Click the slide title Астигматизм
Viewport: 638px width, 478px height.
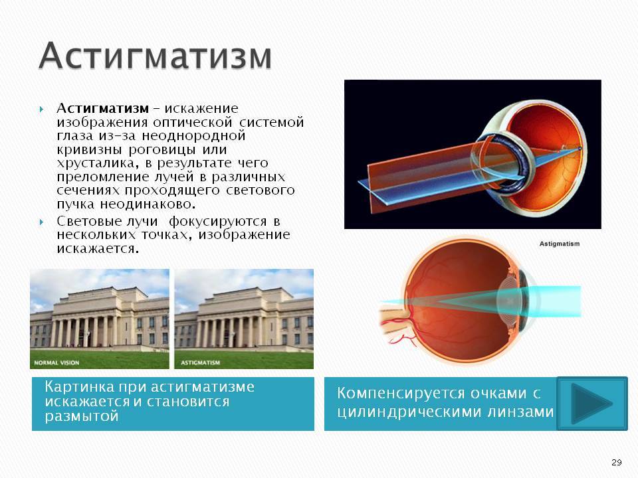coord(155,55)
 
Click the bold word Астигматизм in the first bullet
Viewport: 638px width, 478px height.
coord(102,108)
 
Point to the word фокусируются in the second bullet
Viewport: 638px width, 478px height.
coord(218,222)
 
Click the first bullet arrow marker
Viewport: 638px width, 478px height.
coord(41,109)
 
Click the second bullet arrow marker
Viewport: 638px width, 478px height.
coord(41,222)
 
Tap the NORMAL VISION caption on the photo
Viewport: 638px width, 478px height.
coord(56,362)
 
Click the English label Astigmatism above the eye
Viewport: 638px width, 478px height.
coord(560,244)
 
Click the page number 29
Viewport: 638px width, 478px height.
coord(617,462)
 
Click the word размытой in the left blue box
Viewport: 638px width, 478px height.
coord(81,416)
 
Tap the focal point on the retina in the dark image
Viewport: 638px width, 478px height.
coord(580,149)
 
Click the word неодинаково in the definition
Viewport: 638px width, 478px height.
coord(148,204)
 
